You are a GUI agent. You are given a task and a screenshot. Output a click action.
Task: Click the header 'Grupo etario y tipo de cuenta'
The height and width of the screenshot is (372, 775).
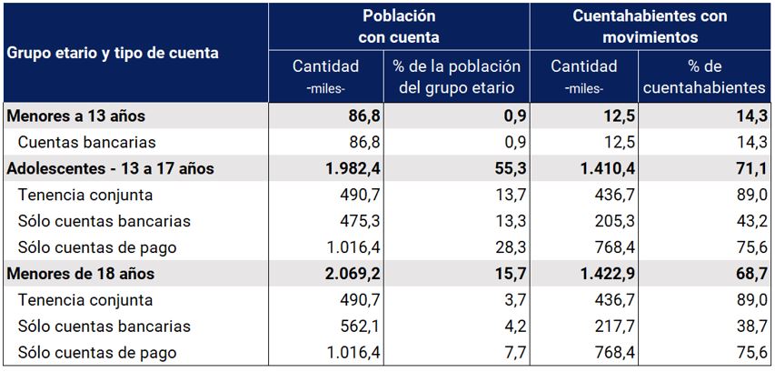click(113, 53)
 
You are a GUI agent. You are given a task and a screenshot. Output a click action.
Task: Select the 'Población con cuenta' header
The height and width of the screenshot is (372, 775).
click(399, 26)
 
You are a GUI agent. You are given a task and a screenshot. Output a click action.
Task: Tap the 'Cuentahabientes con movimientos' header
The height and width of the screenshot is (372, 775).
click(650, 26)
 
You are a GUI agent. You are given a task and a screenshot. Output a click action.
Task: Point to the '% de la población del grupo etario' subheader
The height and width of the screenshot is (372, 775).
click(457, 76)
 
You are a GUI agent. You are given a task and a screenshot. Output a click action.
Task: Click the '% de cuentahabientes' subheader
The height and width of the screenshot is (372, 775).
click(705, 76)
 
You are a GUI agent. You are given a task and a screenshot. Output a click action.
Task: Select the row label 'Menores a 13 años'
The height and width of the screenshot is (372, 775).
click(76, 116)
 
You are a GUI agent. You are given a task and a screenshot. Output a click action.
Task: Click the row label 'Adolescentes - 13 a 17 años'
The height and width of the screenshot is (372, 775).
click(110, 168)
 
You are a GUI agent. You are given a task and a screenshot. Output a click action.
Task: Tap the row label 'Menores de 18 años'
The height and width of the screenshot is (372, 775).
click(81, 273)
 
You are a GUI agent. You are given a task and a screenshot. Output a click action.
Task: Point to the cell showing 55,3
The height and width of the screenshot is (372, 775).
click(510, 168)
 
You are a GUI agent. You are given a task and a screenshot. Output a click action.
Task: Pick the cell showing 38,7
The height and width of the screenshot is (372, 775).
click(752, 326)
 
